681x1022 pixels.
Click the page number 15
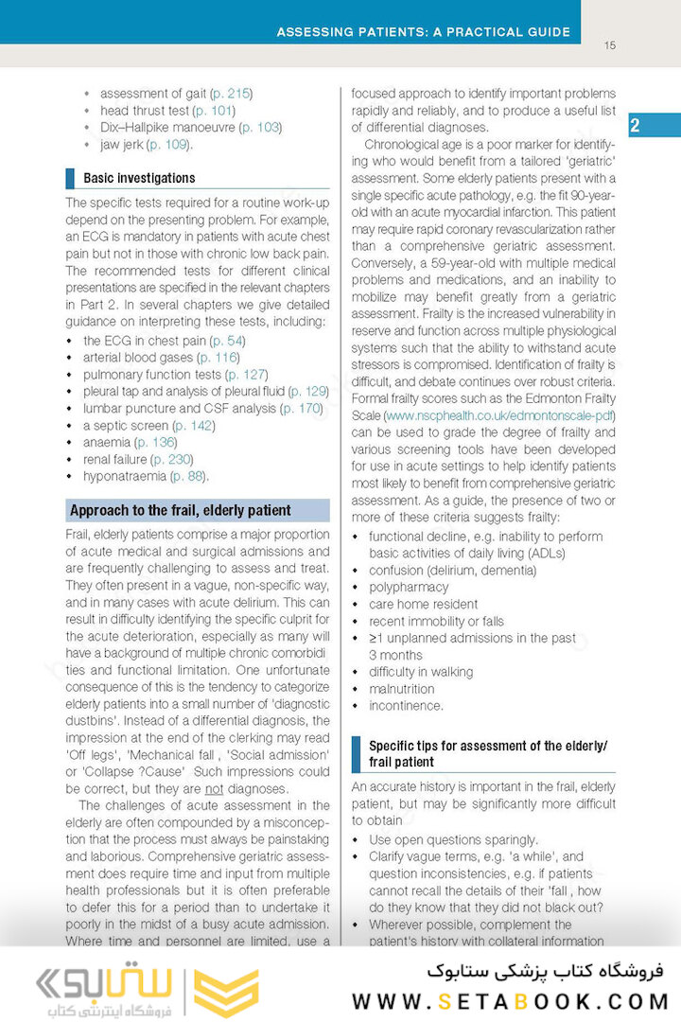click(609, 45)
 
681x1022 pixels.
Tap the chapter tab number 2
click(635, 126)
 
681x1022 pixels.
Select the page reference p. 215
click(232, 94)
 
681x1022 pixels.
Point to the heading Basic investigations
click(139, 178)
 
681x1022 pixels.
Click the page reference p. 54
click(227, 341)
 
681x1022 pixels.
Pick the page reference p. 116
click(218, 358)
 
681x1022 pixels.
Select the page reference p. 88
click(190, 476)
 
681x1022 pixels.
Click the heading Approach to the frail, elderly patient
click(181, 511)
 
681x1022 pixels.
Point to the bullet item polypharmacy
click(410, 588)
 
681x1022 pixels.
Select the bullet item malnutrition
click(402, 689)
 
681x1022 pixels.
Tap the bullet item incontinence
click(406, 706)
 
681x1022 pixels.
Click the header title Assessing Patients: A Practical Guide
click(423, 32)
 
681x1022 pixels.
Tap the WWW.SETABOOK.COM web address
click(511, 1001)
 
